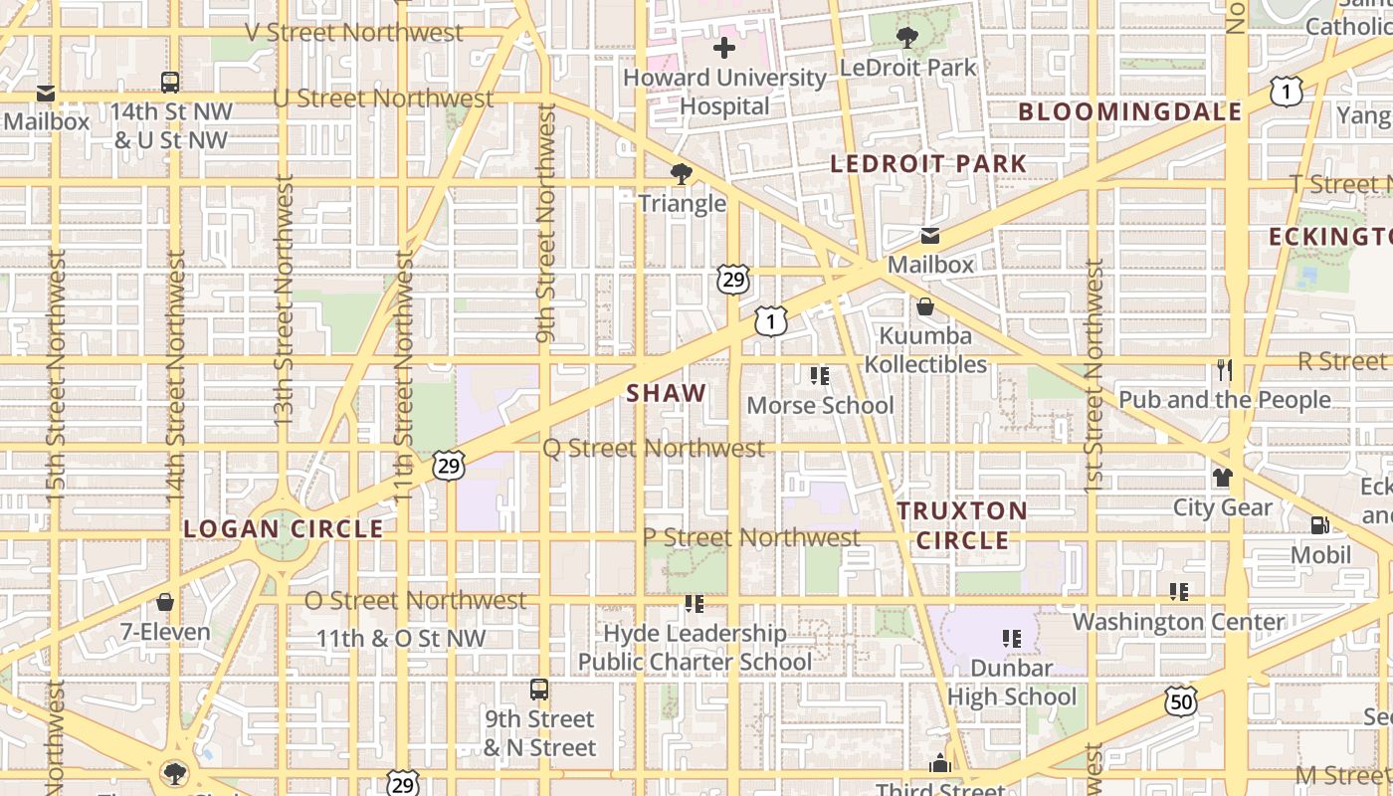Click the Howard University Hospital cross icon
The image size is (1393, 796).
pos(724,47)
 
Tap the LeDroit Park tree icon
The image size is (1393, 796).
pos(906,38)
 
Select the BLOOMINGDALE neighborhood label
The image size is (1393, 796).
pos(1129,111)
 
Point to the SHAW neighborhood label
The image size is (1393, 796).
pos(666,393)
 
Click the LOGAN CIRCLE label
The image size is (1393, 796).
pos(284,528)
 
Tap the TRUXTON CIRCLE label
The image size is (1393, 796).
pos(962,525)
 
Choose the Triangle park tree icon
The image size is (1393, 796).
pos(682,174)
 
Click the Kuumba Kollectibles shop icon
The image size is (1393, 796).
pos(925,306)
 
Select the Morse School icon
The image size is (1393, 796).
pos(820,375)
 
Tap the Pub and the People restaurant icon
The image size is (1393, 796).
pos(1224,369)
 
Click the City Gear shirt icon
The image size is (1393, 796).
pos(1223,478)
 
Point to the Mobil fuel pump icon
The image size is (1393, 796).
pos(1320,524)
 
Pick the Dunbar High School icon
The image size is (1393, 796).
pos(1012,638)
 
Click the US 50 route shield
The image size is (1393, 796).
pos(1180,700)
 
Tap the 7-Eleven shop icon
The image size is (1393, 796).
pos(165,602)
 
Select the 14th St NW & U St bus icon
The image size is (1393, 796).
pos(170,82)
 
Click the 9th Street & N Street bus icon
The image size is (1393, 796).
pos(539,689)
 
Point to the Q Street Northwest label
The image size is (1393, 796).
pos(654,448)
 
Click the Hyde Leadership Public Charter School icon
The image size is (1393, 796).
pos(695,603)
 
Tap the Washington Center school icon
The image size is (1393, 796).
pos(1179,592)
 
